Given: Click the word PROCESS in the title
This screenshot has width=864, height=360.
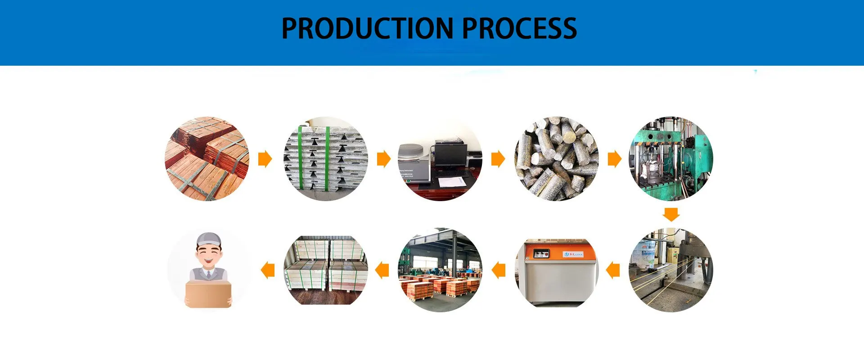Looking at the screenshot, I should pyautogui.click(x=519, y=28).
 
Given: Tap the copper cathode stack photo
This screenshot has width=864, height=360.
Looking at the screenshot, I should pyautogui.click(x=207, y=159).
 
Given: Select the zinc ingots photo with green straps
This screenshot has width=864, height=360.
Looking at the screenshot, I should pyautogui.click(x=325, y=159).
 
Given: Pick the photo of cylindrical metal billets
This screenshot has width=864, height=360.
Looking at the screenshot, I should pyautogui.click(x=557, y=159).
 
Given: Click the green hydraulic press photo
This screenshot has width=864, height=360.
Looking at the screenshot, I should pyautogui.click(x=670, y=159).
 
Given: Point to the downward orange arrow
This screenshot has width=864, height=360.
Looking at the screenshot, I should pyautogui.click(x=671, y=214).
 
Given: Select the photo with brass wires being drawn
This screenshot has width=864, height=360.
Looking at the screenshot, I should pyautogui.click(x=670, y=270).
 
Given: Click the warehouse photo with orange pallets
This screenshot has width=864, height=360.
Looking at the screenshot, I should pyautogui.click(x=440, y=270).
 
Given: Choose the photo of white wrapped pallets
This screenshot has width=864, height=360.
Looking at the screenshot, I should pyautogui.click(x=325, y=270).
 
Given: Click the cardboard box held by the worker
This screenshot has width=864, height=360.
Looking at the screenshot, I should pyautogui.click(x=208, y=294).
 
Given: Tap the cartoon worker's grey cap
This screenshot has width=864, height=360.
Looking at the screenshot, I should pyautogui.click(x=209, y=239).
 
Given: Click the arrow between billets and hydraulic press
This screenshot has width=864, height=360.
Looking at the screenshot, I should pyautogui.click(x=614, y=159).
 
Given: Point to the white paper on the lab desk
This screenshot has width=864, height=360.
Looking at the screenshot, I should pyautogui.click(x=452, y=182).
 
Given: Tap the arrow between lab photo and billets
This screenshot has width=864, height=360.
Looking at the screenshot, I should pyautogui.click(x=498, y=159).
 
